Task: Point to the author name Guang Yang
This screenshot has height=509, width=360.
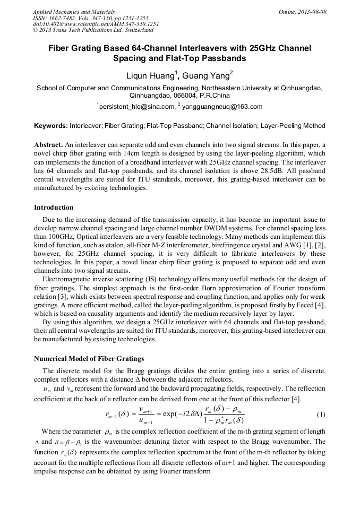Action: [206, 75]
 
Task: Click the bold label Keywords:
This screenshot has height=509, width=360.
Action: [50, 126]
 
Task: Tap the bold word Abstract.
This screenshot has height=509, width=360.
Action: [48, 145]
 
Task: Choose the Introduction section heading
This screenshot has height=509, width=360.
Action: [54, 207]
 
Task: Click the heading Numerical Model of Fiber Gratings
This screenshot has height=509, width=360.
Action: [89, 358]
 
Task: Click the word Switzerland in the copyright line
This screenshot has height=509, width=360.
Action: [127, 30]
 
